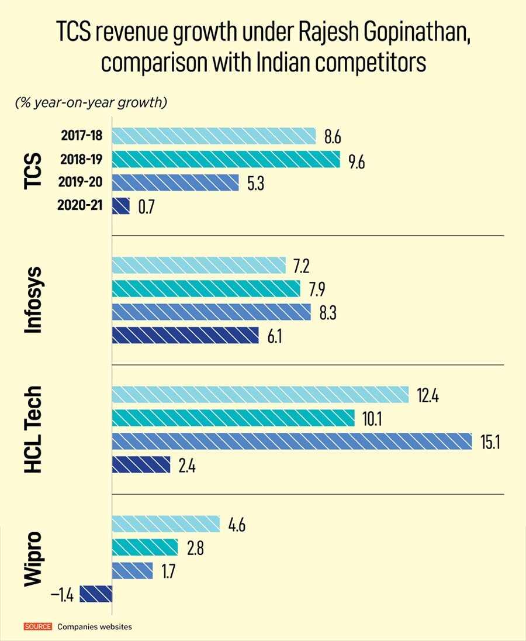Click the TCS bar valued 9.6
pyautogui.click(x=226, y=159)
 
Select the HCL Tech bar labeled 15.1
pyautogui.click(x=292, y=441)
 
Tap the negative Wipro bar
pyautogui.click(x=95, y=594)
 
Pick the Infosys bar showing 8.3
pyautogui.click(x=211, y=312)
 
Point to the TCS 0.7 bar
pyautogui.click(x=120, y=206)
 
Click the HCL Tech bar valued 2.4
pyautogui.click(x=141, y=464)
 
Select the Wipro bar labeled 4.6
pyautogui.click(x=165, y=524)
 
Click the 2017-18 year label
pyautogui.click(x=81, y=136)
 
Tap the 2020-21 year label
pyautogui.click(x=81, y=206)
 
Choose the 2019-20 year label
pyautogui.click(x=81, y=182)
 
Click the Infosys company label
pyautogui.click(x=34, y=300)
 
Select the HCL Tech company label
pyautogui.click(x=34, y=429)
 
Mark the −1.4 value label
pyautogui.click(x=61, y=595)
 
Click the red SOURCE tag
pyautogui.click(x=38, y=627)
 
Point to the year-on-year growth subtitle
pyautogui.click(x=92, y=103)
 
